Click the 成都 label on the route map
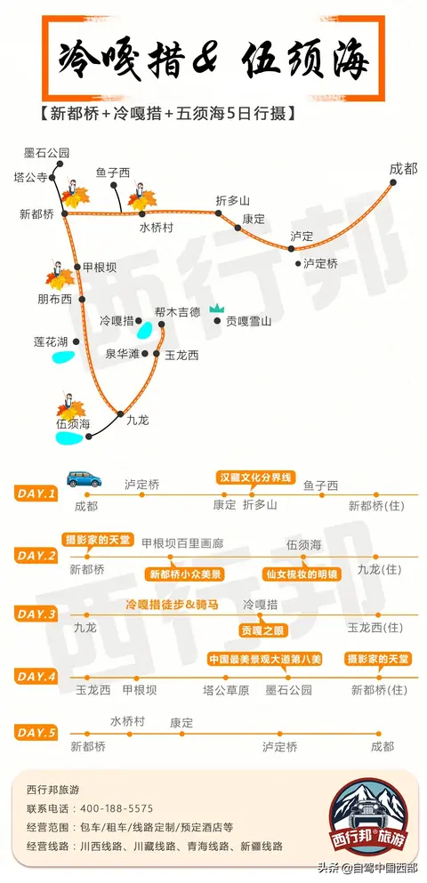403,168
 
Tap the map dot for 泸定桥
298,263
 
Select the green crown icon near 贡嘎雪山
217,308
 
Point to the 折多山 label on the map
233,200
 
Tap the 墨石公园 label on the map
46,153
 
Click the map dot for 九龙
120,413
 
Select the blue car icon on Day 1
84,478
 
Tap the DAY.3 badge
36,614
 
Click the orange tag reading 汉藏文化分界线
255,478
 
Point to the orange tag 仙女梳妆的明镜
302,574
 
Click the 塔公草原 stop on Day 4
226,690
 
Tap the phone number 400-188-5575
117,808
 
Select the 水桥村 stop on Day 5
128,722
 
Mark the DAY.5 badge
36,733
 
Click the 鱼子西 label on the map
113,173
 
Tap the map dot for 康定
238,228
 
